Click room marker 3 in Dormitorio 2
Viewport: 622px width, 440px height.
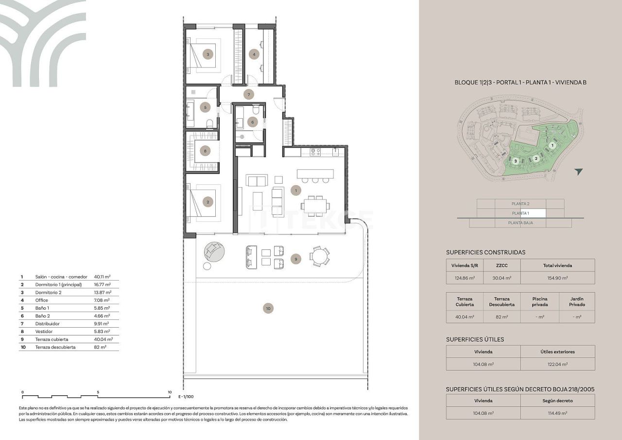click(208, 54)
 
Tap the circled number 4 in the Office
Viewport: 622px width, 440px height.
click(254, 54)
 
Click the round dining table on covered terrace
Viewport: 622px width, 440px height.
click(320, 256)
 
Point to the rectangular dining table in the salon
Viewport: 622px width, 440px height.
click(314, 205)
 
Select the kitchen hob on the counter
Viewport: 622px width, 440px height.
click(315, 152)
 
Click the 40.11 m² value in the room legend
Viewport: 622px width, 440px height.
click(103, 277)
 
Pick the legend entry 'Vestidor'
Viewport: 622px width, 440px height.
click(47, 332)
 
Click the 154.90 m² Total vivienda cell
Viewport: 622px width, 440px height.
click(557, 278)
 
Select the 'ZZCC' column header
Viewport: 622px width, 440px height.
click(502, 265)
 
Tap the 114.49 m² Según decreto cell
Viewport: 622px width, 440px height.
click(557, 413)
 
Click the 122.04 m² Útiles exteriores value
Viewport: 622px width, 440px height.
click(557, 364)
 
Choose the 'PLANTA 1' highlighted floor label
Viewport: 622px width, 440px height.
click(520, 213)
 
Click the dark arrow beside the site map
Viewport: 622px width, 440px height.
click(578, 172)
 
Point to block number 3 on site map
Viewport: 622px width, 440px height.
click(515, 161)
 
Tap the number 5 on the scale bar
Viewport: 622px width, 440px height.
click(98, 392)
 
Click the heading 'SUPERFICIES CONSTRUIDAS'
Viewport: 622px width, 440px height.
click(485, 252)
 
